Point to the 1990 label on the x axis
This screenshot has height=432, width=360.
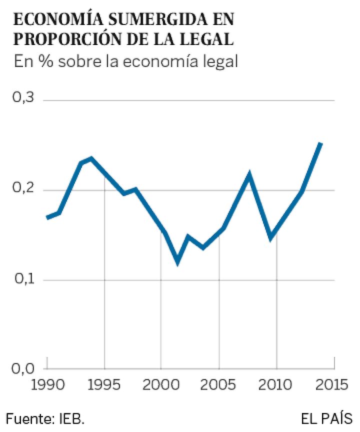point(47,385)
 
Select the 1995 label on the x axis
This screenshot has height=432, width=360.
point(104,385)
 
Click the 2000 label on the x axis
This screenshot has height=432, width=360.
point(161,385)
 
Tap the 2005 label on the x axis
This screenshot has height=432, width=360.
point(219,385)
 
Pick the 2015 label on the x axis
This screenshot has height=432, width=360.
point(332,385)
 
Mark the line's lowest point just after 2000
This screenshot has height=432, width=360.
point(177,261)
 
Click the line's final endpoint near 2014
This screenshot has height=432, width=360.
point(321,144)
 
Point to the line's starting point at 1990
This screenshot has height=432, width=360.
point(47,217)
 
